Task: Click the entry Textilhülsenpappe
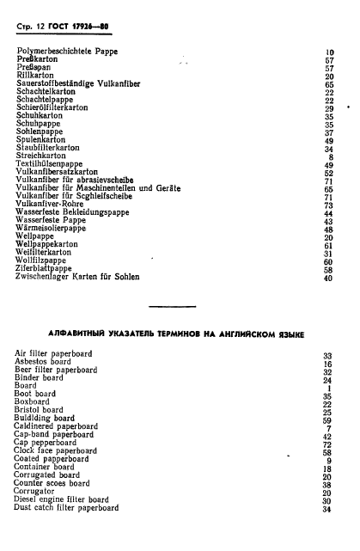pyautogui.click(x=57, y=164)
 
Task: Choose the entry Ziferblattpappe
pyautogui.click(x=50, y=269)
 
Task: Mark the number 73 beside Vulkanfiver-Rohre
pyautogui.click(x=327, y=205)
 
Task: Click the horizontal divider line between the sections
pyautogui.click(x=181, y=306)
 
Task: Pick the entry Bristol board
pyautogui.click(x=43, y=412)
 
